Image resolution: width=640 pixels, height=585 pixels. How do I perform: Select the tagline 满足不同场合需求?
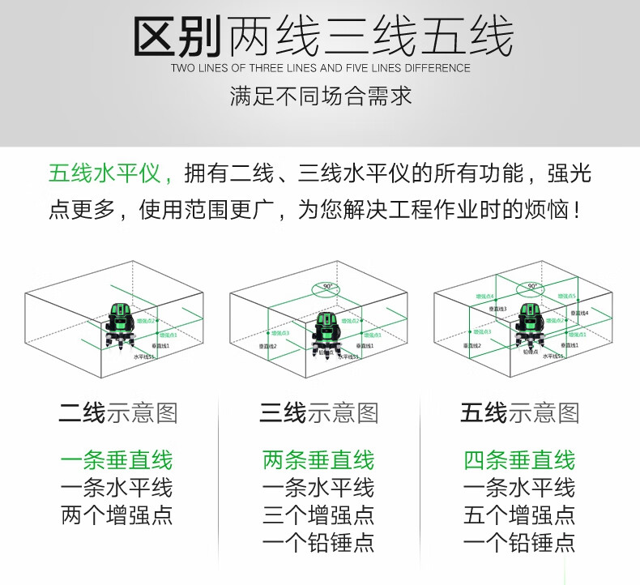320,97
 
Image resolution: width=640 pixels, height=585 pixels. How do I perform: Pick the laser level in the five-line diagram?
531,323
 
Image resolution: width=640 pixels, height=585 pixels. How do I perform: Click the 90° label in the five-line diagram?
531,285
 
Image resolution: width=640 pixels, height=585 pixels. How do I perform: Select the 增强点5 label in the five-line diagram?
566,297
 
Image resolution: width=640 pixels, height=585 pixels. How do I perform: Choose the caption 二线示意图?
117,413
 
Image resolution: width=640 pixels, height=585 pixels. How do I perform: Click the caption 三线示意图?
319,413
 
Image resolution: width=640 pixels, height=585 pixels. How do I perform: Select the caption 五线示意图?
520,413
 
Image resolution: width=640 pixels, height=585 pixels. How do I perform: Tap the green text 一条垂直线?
117,461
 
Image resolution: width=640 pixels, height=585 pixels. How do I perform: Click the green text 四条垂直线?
519,461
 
